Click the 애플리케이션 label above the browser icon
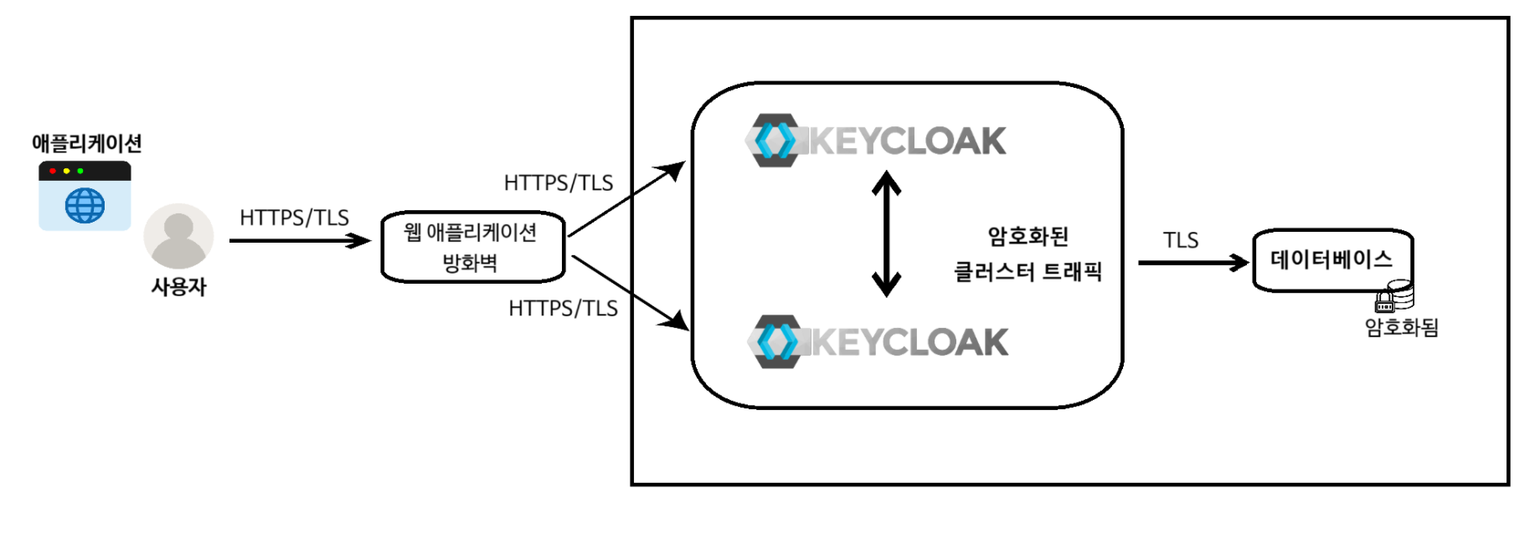point(86,144)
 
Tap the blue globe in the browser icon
point(85,206)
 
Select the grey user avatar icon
point(178,236)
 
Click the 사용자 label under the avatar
point(178,287)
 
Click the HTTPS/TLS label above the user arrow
point(294,218)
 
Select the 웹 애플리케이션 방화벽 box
point(472,248)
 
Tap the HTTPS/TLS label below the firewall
point(563,309)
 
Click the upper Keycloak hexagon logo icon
point(775,141)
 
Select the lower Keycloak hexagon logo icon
point(776,341)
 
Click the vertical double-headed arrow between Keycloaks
point(886,234)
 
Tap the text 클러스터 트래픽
point(1028,272)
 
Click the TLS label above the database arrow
point(1180,241)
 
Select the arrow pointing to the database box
point(1192,263)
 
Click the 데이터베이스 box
point(1332,260)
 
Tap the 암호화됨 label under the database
point(1401,327)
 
